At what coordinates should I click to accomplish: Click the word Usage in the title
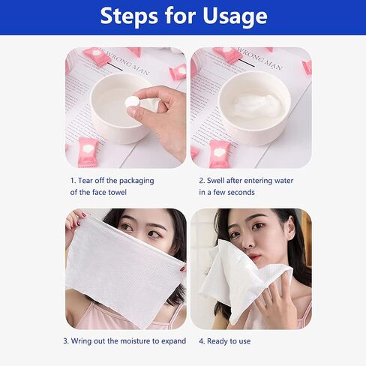click(235, 16)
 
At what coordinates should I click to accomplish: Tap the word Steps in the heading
click(129, 16)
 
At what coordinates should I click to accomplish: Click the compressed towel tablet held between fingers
click(132, 102)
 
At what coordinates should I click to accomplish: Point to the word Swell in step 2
click(215, 180)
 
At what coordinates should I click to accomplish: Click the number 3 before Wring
click(65, 341)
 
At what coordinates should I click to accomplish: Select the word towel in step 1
click(117, 192)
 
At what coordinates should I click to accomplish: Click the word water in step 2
click(283, 181)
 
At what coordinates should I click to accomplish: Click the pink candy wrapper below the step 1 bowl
click(87, 151)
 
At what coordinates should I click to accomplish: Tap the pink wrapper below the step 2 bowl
click(218, 153)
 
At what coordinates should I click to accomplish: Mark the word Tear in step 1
click(85, 181)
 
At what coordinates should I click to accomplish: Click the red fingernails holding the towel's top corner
click(81, 215)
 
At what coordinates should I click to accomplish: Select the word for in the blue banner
click(180, 16)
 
